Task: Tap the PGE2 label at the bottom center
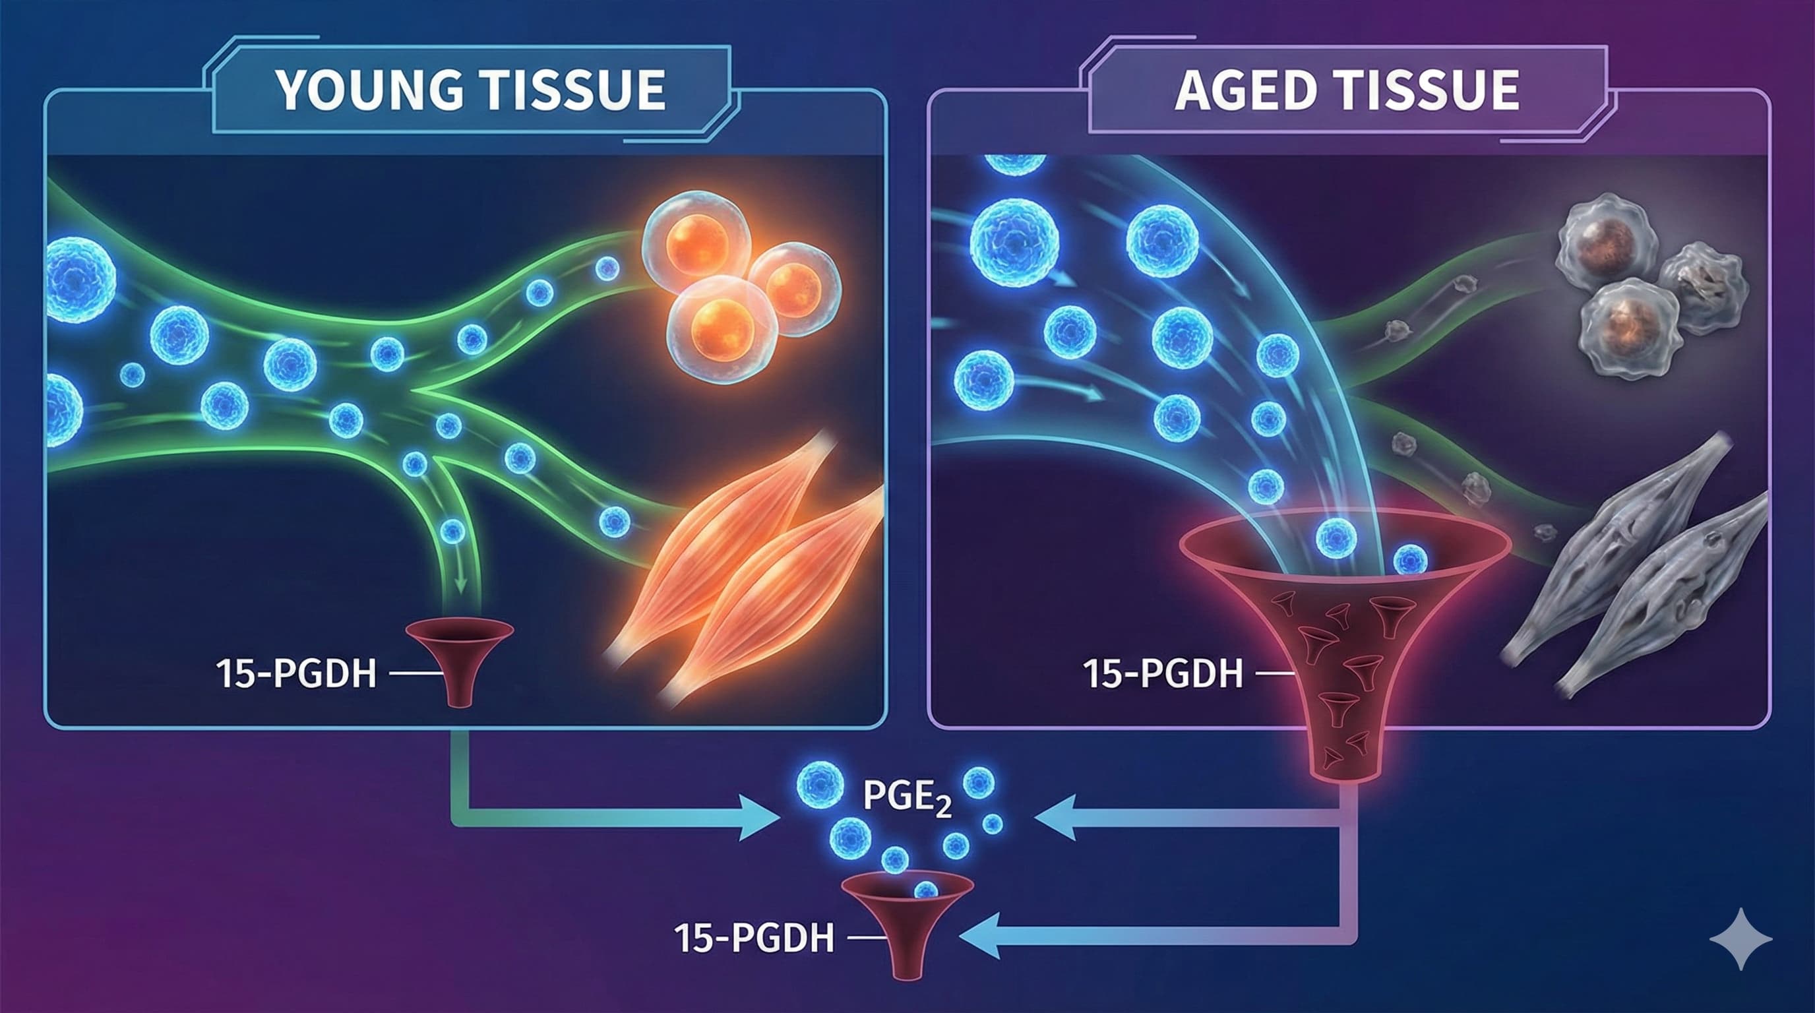[907, 798]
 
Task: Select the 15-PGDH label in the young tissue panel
[297, 674]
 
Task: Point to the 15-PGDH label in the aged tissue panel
[1163, 674]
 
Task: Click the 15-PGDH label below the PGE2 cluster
[754, 938]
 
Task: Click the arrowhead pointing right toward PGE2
[761, 817]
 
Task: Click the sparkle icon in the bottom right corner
[1740, 940]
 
